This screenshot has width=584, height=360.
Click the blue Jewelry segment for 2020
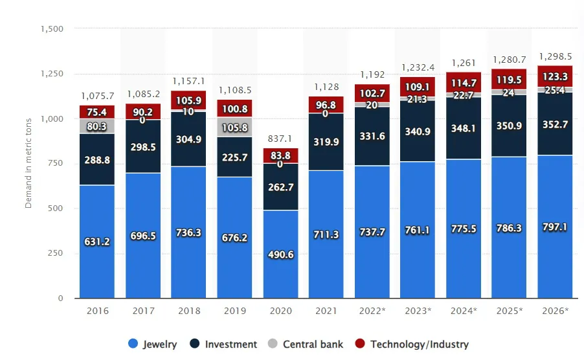(x=280, y=254)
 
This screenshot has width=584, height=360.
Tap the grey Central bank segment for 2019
(x=234, y=127)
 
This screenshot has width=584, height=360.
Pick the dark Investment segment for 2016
(x=97, y=159)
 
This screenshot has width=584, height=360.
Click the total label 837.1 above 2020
(x=280, y=139)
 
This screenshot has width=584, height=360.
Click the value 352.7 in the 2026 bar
(x=555, y=125)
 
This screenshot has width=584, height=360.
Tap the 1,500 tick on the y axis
(x=52, y=28)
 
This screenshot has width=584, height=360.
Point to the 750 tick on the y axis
(x=55, y=164)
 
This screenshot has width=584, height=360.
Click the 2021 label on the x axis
(x=326, y=311)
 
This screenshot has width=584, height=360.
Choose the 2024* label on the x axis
(x=463, y=311)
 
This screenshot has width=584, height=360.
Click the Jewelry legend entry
(x=153, y=344)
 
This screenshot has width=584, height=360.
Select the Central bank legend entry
(x=306, y=344)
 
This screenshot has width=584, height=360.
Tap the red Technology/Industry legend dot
(x=359, y=344)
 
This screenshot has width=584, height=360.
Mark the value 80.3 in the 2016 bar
(x=97, y=126)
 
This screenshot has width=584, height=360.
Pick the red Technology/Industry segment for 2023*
(x=418, y=87)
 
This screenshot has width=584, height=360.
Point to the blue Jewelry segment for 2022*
(x=372, y=232)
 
